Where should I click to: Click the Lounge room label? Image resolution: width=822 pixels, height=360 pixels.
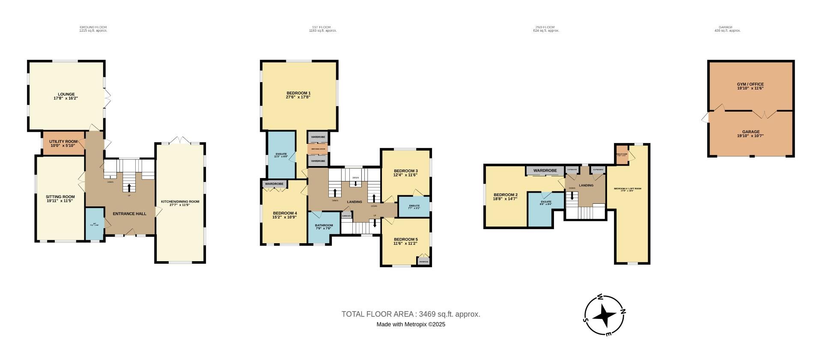66,94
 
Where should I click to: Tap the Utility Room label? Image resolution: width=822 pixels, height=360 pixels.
63,141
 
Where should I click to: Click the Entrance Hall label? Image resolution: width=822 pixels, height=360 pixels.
129,214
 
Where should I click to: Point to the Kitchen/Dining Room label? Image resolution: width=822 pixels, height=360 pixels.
180,202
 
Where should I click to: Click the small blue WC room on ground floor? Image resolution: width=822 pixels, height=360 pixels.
95,223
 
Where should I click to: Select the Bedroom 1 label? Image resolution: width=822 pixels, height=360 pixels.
298,93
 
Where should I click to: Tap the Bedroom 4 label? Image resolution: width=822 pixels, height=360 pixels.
285,213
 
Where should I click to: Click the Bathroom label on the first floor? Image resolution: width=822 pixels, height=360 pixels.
324,225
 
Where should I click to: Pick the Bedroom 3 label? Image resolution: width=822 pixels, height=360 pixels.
405,171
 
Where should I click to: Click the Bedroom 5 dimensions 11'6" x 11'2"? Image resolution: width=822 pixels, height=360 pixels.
405,243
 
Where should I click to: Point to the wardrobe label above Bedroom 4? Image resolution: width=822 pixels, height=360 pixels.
274,184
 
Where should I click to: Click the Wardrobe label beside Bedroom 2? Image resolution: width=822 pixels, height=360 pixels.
545,170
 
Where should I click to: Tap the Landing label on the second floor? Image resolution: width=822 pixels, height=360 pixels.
586,185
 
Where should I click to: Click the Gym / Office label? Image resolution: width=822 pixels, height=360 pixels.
750,84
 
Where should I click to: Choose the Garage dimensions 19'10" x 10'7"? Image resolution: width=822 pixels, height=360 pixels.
750,136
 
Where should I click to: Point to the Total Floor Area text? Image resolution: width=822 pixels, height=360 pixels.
411,314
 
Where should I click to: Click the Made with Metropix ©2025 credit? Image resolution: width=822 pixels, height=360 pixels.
411,324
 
